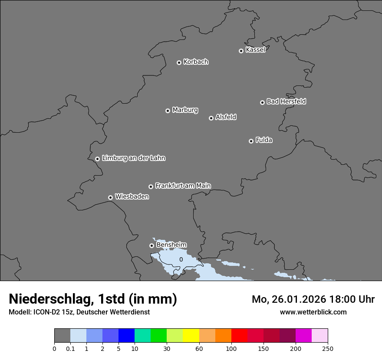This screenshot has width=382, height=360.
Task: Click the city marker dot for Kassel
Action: click(241, 51)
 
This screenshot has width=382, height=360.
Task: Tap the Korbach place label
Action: click(196, 62)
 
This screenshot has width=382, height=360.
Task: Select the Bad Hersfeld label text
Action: click(286, 101)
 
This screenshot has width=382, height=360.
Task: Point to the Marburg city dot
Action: click(168, 111)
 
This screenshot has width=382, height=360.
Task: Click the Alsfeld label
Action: click(226, 117)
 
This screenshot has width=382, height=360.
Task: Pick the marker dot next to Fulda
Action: click(251, 141)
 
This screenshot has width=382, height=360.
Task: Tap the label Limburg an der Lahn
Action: click(133, 158)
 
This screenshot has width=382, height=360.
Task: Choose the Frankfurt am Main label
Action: click(183, 186)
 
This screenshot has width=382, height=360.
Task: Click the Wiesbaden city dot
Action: click(110, 197)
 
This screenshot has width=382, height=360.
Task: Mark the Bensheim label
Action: click(171, 245)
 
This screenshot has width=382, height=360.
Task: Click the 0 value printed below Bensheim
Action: click(181, 259)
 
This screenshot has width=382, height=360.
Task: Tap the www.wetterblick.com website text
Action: click(313, 312)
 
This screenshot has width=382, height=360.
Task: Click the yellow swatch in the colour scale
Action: click(191, 336)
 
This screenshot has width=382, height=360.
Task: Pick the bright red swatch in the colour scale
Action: click(239, 336)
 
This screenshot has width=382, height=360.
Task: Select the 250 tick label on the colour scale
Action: click(328, 348)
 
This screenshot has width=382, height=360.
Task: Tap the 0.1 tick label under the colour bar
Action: click(70, 348)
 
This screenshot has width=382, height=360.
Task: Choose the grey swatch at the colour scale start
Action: click(62, 336)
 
